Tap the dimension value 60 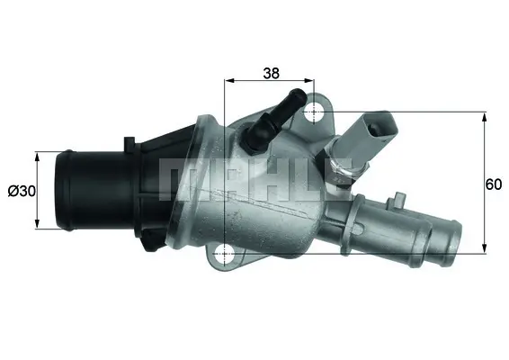(x=493, y=185)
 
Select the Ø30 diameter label (x=20, y=191)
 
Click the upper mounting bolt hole (x=314, y=112)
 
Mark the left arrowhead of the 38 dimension (x=227, y=80)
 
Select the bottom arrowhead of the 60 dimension (x=486, y=249)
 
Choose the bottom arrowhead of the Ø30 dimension (x=37, y=224)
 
